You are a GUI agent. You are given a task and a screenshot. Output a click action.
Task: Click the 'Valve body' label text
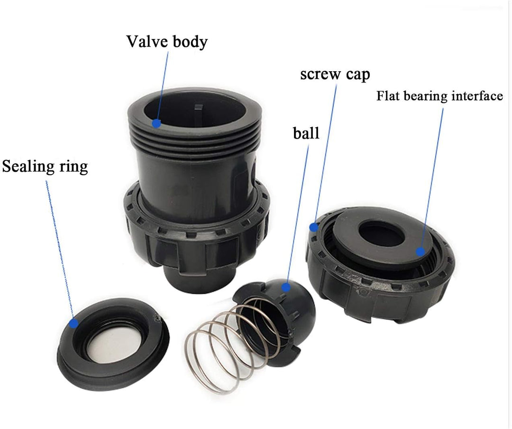(x=166, y=42)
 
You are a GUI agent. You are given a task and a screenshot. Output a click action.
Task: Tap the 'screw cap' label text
(x=335, y=75)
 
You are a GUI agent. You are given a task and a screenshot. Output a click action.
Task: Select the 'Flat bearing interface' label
(x=439, y=96)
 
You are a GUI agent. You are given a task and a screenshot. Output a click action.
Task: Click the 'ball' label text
(x=306, y=133)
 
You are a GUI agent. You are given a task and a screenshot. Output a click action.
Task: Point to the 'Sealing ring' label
(x=45, y=167)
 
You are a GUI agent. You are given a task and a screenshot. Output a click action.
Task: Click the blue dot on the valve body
(x=156, y=124)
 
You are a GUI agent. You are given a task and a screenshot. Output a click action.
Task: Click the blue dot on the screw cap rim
(x=313, y=227)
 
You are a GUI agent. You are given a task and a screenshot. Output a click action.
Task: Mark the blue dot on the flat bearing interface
(x=420, y=252)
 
